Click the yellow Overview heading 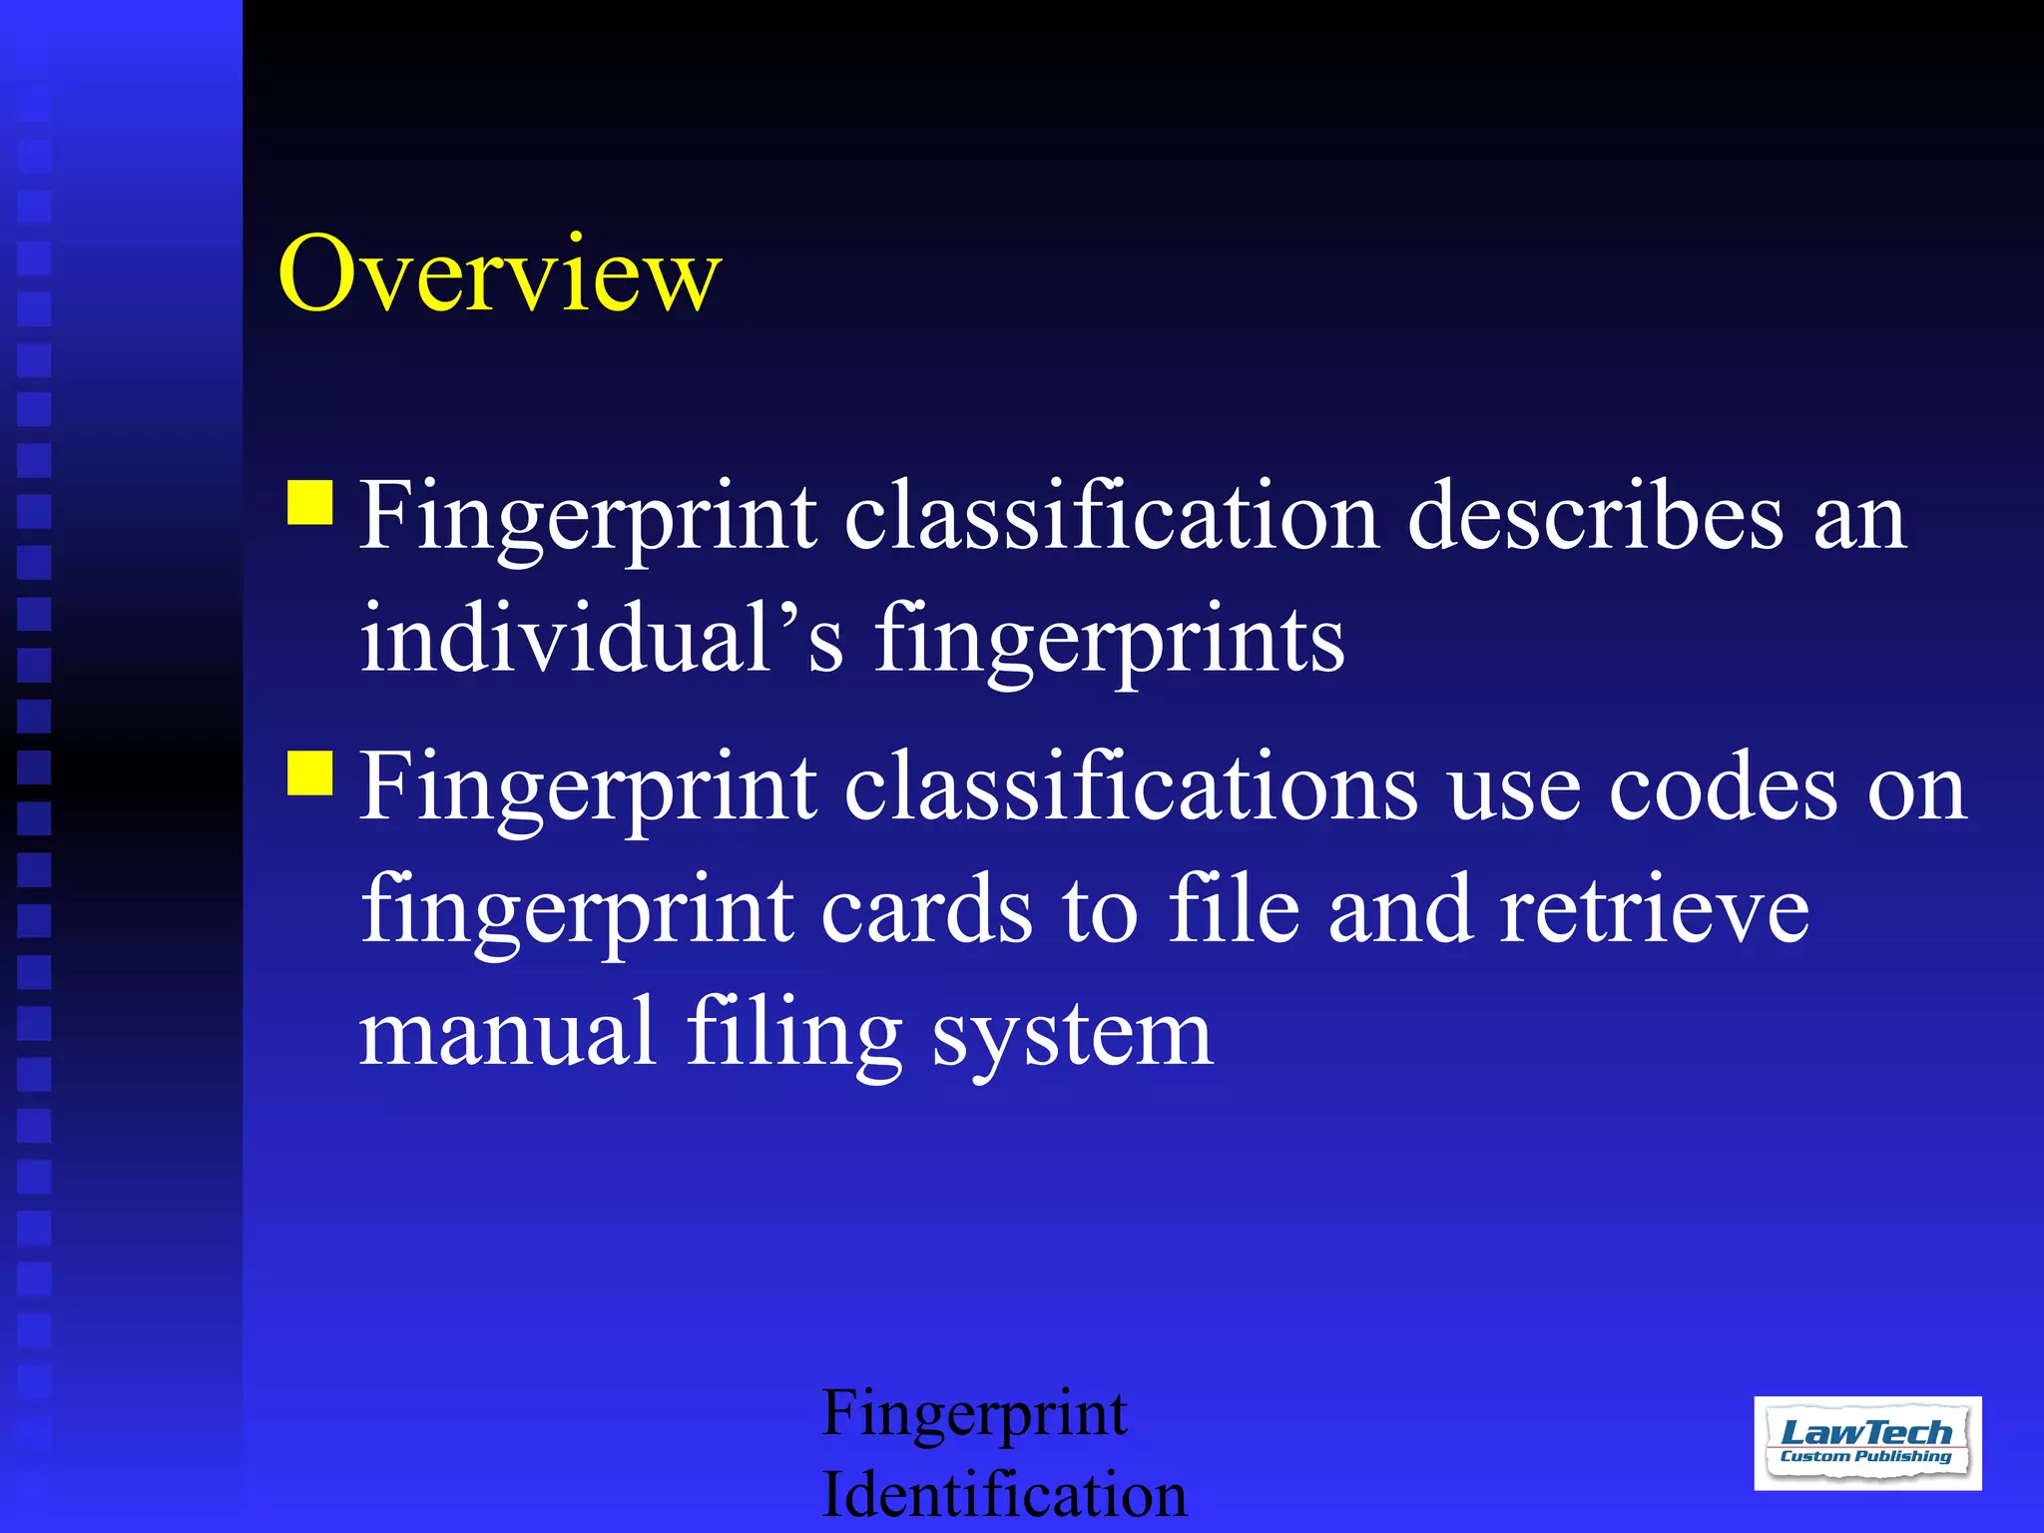click(x=499, y=273)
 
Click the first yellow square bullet click(x=310, y=503)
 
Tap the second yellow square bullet click(x=310, y=772)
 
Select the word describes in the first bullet click(x=1595, y=517)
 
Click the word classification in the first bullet click(x=1112, y=517)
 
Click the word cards click(x=926, y=910)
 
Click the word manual click(x=507, y=1032)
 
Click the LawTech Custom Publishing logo click(x=1866, y=1442)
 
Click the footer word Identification click(x=1003, y=1495)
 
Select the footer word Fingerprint click(x=974, y=1415)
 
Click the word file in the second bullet click(x=1234, y=910)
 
